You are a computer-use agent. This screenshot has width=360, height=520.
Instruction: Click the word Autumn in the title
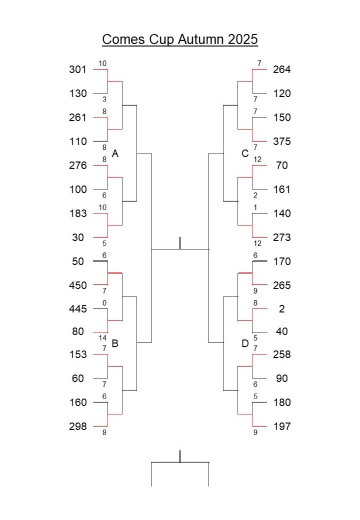201,39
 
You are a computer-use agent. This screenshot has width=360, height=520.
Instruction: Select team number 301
78,69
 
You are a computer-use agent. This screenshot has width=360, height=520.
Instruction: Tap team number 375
282,141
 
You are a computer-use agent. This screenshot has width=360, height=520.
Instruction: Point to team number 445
78,309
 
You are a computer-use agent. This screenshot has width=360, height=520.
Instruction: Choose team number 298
78,426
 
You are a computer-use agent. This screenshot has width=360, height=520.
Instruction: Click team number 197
282,426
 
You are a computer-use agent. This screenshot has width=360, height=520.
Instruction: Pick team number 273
282,237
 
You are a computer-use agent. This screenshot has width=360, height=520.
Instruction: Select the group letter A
115,153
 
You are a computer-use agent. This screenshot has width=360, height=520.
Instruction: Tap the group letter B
115,343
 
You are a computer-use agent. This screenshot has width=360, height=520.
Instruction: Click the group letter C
245,153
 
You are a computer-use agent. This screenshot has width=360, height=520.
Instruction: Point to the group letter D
245,343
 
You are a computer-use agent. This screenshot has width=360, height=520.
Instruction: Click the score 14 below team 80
103,338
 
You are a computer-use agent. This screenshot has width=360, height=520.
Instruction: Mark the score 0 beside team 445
105,303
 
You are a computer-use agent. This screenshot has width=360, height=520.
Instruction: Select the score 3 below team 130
105,99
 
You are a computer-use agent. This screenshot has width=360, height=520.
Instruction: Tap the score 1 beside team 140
255,207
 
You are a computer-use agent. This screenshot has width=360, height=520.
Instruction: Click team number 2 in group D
282,309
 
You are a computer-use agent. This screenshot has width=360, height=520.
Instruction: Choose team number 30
78,237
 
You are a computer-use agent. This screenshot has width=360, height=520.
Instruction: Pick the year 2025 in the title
243,39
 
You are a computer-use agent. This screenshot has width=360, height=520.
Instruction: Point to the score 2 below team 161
255,196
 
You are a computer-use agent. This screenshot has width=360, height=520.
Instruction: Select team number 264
282,69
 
